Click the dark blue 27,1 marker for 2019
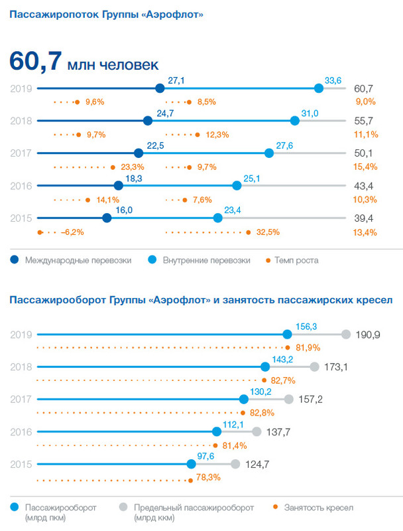[159, 88]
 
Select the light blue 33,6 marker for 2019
[319, 88]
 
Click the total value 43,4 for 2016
[364, 185]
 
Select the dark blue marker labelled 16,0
[107, 218]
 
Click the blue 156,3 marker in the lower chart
[287, 335]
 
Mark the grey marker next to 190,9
[345, 335]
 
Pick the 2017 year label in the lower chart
[22, 400]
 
